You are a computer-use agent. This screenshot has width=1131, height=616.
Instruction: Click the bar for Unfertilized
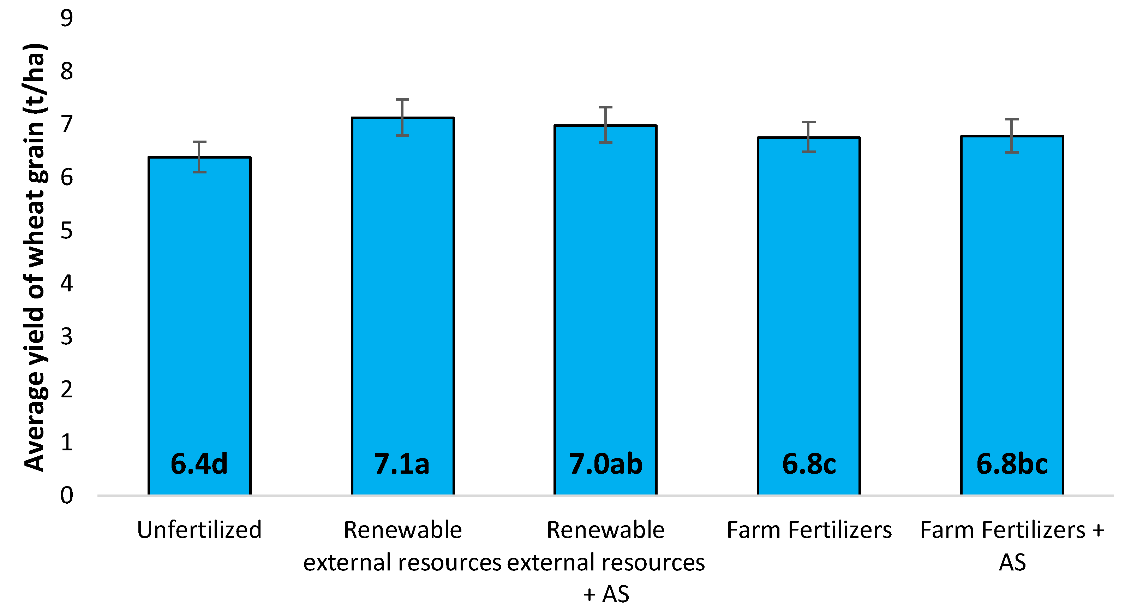[199, 308]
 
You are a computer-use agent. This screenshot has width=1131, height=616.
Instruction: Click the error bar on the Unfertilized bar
[199, 157]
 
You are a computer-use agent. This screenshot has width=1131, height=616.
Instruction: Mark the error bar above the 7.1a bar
[403, 117]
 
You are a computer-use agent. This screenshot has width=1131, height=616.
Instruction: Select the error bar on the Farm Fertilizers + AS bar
[1012, 136]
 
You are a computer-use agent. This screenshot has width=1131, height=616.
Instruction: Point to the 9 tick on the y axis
[67, 18]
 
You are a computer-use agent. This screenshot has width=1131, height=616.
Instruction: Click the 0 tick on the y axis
[67, 495]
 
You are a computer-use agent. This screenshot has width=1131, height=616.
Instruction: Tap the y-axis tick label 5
[67, 230]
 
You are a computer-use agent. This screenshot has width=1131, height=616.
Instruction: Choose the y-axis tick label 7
[67, 124]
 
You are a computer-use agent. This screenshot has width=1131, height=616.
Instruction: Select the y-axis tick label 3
[67, 337]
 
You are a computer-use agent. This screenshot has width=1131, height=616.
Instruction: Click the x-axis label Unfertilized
[199, 529]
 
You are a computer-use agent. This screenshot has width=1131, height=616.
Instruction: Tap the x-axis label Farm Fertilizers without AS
[809, 529]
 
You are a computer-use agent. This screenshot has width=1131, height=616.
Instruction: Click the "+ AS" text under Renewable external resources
[606, 594]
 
